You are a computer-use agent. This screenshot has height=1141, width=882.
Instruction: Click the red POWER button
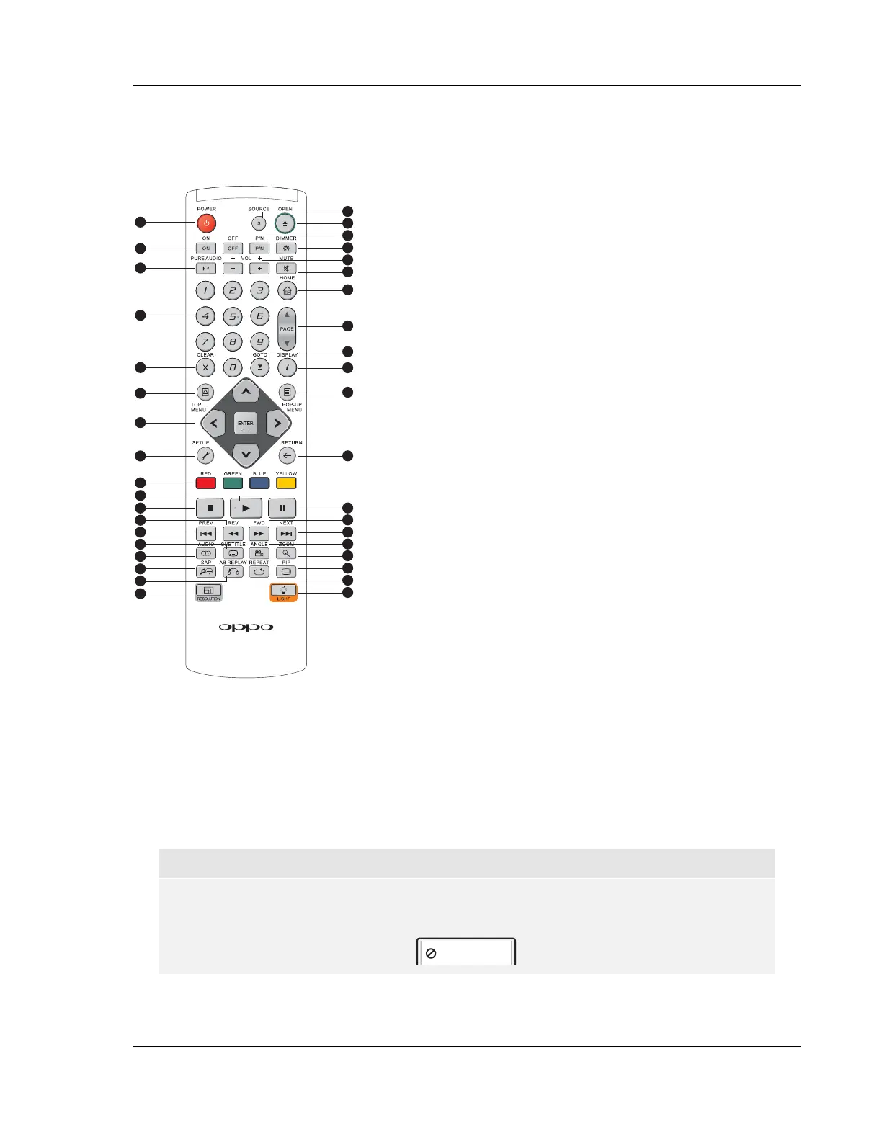206,223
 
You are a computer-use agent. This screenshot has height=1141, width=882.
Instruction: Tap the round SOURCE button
259,223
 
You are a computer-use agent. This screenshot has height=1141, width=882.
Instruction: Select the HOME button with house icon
287,291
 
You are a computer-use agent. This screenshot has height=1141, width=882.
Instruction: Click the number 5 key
232,316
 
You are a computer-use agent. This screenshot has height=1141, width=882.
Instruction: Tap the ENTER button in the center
246,424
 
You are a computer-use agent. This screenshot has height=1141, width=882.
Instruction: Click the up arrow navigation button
246,392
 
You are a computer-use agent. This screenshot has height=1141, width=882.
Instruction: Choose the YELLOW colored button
286,483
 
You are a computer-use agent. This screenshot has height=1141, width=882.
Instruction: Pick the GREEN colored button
233,483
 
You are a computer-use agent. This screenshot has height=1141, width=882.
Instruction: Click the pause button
282,508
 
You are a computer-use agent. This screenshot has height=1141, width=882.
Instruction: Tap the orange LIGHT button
284,591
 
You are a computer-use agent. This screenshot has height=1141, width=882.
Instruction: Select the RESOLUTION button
208,591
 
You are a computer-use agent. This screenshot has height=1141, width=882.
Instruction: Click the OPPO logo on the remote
246,627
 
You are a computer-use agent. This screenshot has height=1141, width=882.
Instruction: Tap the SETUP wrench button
205,455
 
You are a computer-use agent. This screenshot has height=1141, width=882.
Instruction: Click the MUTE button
286,269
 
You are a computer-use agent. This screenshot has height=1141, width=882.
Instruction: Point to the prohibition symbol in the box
431,953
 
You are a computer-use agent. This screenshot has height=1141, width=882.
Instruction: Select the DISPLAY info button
287,368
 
